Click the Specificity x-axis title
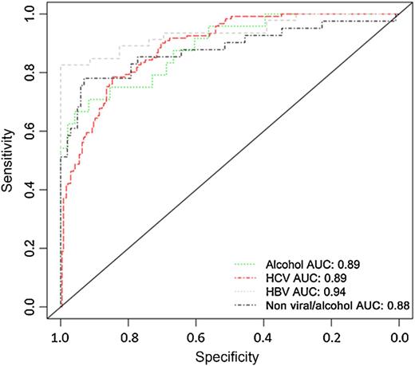click(x=230, y=356)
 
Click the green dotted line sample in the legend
click(x=249, y=262)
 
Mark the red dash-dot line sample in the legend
click(x=249, y=277)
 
